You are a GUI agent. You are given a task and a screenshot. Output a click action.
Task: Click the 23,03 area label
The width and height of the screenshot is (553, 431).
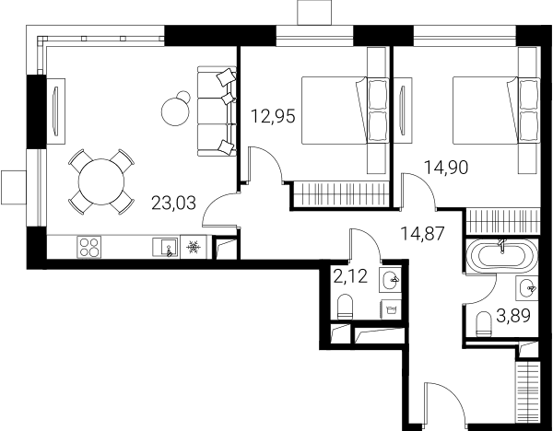point(173,204)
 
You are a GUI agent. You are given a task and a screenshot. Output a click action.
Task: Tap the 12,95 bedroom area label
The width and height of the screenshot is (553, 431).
point(272,116)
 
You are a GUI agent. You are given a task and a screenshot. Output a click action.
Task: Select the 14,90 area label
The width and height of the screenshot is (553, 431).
point(446,168)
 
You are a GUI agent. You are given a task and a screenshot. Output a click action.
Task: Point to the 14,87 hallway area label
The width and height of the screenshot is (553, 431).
point(422,234)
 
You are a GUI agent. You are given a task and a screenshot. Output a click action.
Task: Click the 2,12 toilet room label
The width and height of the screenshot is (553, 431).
point(350,276)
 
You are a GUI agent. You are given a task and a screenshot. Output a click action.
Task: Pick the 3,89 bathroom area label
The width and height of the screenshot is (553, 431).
point(513,316)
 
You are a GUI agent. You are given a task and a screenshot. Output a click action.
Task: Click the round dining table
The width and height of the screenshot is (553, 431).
point(101,181)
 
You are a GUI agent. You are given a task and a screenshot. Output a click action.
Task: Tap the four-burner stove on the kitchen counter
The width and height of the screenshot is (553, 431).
point(88,247)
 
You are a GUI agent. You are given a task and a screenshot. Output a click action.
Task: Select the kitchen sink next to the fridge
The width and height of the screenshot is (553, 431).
point(165,247)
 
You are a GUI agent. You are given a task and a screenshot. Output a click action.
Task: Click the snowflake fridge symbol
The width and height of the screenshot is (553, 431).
point(193,247)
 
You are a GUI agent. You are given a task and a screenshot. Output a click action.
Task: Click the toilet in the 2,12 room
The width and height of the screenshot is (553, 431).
point(345,307)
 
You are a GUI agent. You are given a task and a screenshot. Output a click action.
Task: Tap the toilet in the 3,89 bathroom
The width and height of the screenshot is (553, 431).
point(483,324)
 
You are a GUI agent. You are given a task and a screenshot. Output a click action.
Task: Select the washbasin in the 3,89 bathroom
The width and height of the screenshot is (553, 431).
point(526,288)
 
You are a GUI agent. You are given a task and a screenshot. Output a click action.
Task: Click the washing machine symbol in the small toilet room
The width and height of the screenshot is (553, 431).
point(391,309)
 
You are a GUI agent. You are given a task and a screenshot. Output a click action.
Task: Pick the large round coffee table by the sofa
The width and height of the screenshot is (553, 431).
point(174,111)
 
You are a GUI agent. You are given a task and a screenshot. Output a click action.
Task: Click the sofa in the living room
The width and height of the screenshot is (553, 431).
point(217,111)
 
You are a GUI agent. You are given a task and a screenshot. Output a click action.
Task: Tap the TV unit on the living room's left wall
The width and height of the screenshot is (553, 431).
point(55,111)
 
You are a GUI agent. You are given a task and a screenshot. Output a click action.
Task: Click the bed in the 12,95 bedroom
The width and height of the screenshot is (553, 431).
point(345,111)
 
